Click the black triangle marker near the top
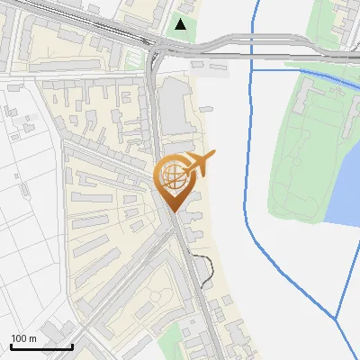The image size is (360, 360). [x=182, y=24]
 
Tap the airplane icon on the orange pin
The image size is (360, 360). [x=199, y=163]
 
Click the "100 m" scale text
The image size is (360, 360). [x=23, y=337]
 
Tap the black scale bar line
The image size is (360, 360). [x=41, y=346]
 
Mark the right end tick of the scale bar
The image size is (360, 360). [x=72, y=344]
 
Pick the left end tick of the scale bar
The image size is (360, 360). [x=11, y=344]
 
